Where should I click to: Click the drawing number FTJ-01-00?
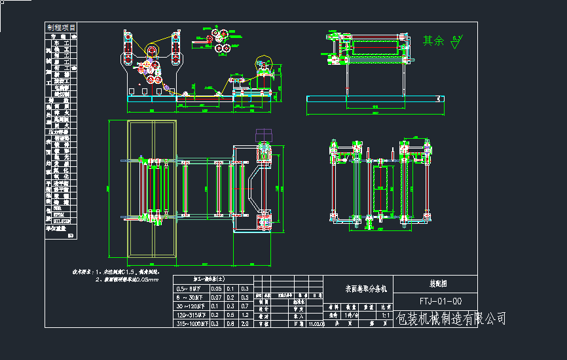pos(440,302)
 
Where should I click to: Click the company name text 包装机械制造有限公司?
pos(451,319)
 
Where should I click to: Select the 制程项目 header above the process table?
pos(61,27)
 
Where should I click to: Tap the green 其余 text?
pos(433,41)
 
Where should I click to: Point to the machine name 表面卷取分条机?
pos(367,288)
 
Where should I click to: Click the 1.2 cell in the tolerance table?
pos(245,314)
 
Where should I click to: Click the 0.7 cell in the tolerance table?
pos(245,306)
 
